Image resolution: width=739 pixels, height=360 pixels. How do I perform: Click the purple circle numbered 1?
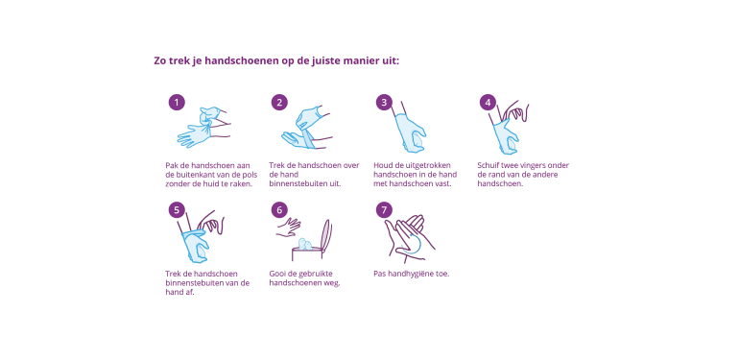(177, 103)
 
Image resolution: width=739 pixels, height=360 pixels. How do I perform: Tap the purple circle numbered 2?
(279, 103)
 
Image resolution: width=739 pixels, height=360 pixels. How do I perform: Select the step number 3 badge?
(384, 103)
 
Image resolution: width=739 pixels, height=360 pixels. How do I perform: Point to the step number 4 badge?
(488, 103)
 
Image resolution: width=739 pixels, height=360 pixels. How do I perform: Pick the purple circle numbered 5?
(177, 210)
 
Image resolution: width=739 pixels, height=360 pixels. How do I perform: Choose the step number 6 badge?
(279, 210)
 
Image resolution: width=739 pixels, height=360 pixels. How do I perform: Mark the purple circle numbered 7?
(384, 210)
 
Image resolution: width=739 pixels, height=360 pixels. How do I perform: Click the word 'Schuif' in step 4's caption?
(488, 165)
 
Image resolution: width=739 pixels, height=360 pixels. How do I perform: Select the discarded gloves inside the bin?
(304, 244)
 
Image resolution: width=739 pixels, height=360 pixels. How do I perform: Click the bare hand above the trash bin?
(289, 227)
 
